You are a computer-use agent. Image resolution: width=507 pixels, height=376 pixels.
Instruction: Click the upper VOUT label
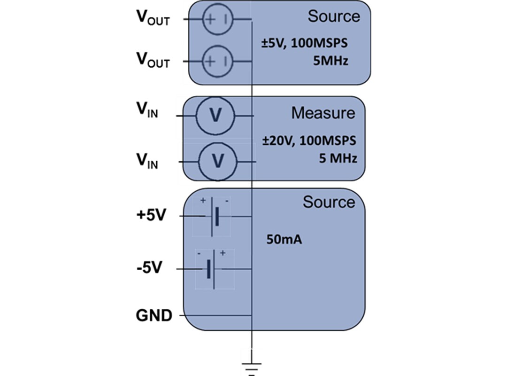pos(153,18)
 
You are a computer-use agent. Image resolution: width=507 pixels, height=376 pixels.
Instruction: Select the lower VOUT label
pos(153,60)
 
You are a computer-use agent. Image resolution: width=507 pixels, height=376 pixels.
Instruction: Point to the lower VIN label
pos(146,162)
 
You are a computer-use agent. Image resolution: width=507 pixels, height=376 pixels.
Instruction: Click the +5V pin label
pos(151,217)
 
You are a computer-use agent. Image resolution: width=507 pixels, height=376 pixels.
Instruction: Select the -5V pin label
pos(149,269)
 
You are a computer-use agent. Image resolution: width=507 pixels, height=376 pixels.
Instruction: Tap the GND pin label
pos(154,315)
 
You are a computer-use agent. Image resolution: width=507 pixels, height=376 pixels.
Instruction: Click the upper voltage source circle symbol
pos(217,19)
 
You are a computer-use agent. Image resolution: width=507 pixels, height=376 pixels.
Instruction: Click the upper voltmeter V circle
pos(215,115)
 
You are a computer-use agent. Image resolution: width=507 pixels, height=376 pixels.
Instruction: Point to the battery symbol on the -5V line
pos(211,269)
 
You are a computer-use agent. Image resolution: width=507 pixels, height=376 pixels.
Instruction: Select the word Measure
pos(323,113)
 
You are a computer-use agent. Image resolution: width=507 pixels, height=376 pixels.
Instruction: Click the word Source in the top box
pos(334,16)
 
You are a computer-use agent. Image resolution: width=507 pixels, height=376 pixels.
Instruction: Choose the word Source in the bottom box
pos(329,202)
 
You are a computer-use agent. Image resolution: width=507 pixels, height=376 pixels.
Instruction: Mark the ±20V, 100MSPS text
pos(309,141)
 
